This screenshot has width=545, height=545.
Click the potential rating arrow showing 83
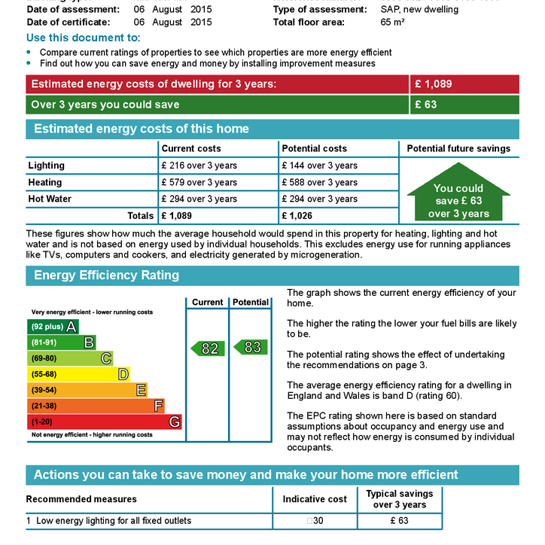tap(251, 347)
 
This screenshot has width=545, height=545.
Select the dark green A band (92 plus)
tap(53, 327)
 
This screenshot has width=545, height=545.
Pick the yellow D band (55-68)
tap(78, 374)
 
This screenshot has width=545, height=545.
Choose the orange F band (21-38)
tap(96, 406)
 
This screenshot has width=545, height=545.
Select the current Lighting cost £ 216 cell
tap(199, 166)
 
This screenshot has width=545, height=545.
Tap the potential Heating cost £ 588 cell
tap(320, 182)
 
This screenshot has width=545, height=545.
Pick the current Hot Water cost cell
tap(199, 199)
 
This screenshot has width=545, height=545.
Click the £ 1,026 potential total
tap(300, 216)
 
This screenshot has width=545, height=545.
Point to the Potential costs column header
tap(315, 148)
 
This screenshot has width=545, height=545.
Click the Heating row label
tap(45, 182)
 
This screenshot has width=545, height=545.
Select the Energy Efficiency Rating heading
tap(107, 276)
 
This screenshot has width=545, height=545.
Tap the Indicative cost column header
tap(315, 499)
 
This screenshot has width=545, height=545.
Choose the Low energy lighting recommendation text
tap(114, 521)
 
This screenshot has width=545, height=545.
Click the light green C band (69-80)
tap(69, 358)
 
